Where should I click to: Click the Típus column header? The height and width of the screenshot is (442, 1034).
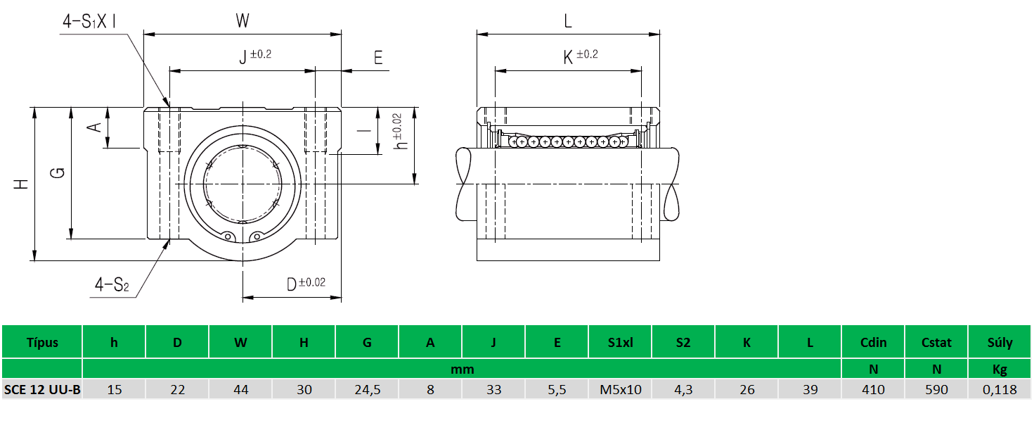point(42,343)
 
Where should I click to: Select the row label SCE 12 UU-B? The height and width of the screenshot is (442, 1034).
point(42,389)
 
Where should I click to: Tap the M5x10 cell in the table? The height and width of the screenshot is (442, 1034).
point(620,389)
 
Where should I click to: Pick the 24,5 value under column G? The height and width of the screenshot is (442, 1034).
point(367,389)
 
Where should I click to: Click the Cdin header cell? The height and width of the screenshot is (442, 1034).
point(873,343)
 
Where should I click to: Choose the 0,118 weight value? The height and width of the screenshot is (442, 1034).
point(1000,389)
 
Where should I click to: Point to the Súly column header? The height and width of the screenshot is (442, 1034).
point(1000,343)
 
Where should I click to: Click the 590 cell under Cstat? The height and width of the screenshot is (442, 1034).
point(936,389)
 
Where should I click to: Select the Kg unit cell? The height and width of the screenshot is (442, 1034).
point(1000,369)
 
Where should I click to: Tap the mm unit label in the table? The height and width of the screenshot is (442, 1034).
point(462,369)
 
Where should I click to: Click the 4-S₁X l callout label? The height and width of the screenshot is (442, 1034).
point(89,22)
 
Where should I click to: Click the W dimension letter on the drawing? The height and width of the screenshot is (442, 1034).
point(243,21)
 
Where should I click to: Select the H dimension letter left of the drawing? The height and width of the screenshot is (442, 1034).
point(22,184)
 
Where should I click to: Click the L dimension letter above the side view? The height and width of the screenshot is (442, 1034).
point(568,21)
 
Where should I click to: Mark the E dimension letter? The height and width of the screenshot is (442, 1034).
point(378,58)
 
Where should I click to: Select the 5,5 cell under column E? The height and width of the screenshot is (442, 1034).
point(557,389)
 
